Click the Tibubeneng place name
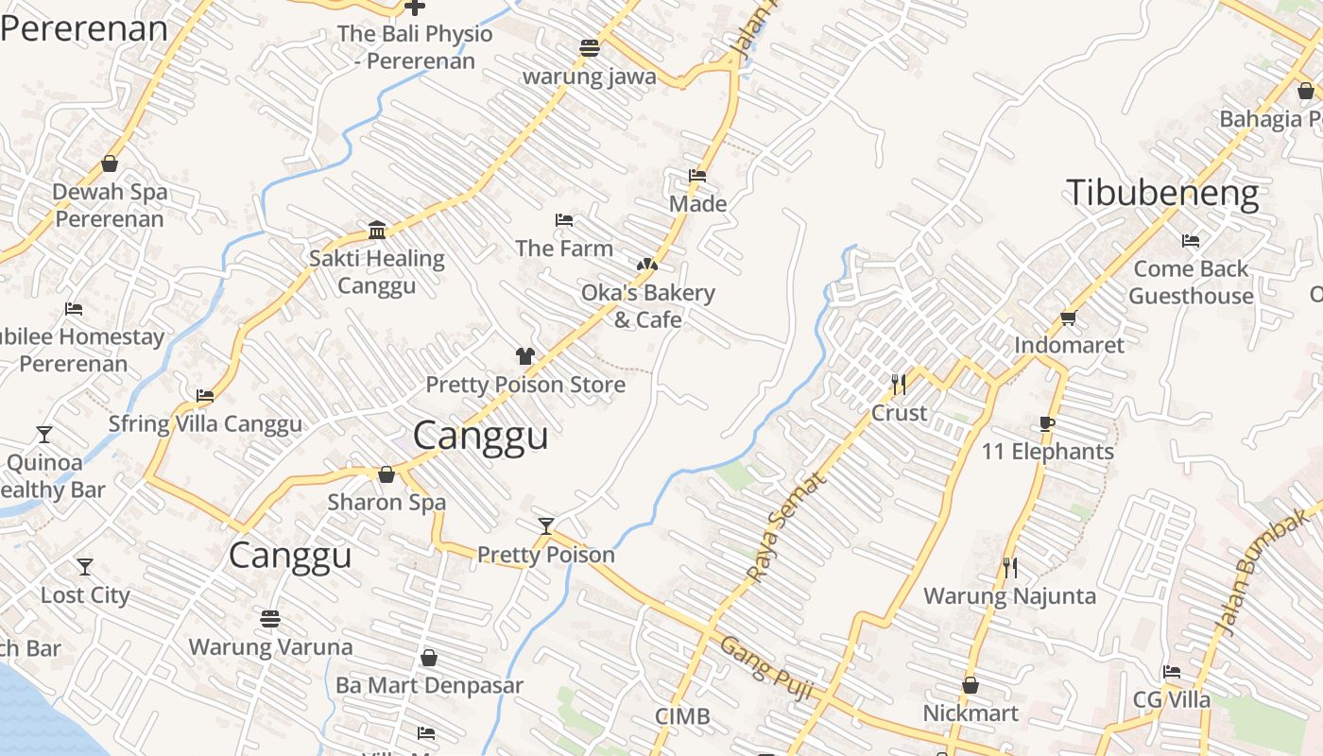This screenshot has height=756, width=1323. (1162, 194)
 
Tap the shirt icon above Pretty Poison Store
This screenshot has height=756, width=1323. (525, 356)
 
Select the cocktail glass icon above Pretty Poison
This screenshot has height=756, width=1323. (545, 526)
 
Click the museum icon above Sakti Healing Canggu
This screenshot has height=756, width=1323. (377, 230)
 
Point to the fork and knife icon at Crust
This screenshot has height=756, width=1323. (899, 384)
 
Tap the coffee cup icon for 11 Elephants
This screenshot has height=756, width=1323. (1046, 423)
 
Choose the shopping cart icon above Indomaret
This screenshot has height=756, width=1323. (1069, 318)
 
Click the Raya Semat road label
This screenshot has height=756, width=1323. (785, 527)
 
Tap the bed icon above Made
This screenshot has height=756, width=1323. (697, 176)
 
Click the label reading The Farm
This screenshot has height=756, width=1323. (564, 249)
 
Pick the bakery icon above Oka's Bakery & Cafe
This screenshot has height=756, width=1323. (647, 266)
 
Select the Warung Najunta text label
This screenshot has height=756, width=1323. (1009, 596)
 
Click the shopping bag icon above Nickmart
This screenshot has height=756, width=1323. (971, 685)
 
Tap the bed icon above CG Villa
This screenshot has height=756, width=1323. (1172, 672)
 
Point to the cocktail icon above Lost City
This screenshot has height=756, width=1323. (85, 567)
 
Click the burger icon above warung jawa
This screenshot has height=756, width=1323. (590, 48)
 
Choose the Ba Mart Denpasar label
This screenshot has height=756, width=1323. (429, 685)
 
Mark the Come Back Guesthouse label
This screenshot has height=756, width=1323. (1191, 283)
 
